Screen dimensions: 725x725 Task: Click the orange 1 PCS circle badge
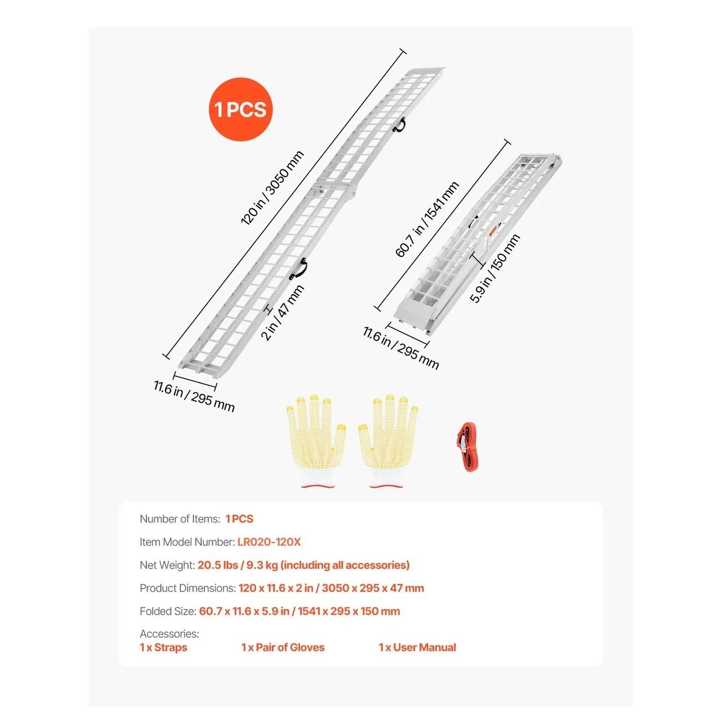[x=240, y=109]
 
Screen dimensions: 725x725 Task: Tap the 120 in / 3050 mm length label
[x=272, y=187]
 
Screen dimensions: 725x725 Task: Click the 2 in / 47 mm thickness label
[x=283, y=313]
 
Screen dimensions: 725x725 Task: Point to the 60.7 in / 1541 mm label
[x=427, y=219]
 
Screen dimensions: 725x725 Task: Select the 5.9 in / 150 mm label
[x=494, y=268]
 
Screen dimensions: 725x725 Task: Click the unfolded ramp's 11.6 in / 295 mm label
[x=194, y=396]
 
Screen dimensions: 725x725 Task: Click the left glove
[x=317, y=441]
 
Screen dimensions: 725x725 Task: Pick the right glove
[x=388, y=441]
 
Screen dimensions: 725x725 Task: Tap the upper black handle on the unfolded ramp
[x=399, y=125]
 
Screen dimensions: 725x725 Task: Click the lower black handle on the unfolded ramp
[x=298, y=268]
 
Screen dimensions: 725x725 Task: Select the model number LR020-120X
[x=269, y=542]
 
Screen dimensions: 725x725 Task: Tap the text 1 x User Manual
[x=417, y=647]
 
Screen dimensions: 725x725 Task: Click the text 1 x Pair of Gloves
[x=283, y=647]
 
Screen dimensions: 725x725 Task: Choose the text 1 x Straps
[x=163, y=647]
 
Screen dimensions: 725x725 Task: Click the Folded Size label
[x=168, y=611]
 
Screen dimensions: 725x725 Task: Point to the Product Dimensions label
[x=187, y=588]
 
